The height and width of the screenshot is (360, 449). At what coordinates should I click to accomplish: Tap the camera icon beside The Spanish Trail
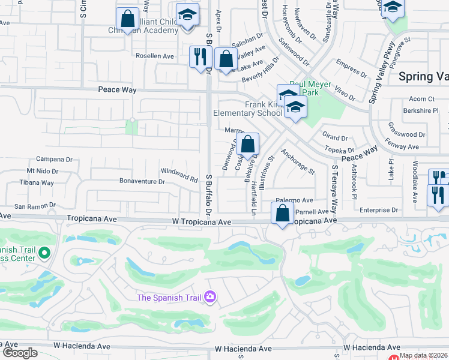tap(209, 296)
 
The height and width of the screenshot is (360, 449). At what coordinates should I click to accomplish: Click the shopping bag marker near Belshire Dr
tap(247, 145)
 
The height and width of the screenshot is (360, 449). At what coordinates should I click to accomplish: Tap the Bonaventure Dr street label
tap(142, 181)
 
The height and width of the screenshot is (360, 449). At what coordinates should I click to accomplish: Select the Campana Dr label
tap(54, 160)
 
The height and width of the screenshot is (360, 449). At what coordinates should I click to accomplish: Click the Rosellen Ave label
tap(154, 56)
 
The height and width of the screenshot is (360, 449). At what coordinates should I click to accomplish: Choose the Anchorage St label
tap(298, 162)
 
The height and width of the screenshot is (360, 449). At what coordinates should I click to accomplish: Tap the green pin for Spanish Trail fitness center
tap(43, 254)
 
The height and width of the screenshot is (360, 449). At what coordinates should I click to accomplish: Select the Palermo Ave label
tap(295, 200)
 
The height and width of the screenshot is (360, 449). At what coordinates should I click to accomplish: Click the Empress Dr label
tap(351, 69)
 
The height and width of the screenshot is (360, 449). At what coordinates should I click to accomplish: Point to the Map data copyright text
tap(423, 355)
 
